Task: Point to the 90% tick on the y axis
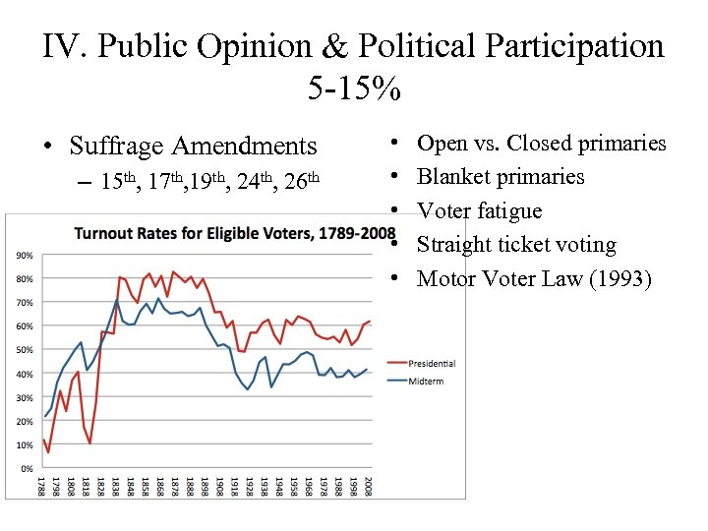[x=22, y=256]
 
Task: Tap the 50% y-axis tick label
[x=22, y=350]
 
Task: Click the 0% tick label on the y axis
[x=25, y=468]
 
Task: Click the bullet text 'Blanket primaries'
[x=501, y=177]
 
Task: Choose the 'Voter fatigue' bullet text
[x=479, y=211]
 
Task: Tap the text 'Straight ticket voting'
[x=516, y=245]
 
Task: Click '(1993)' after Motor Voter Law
[x=619, y=278]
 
